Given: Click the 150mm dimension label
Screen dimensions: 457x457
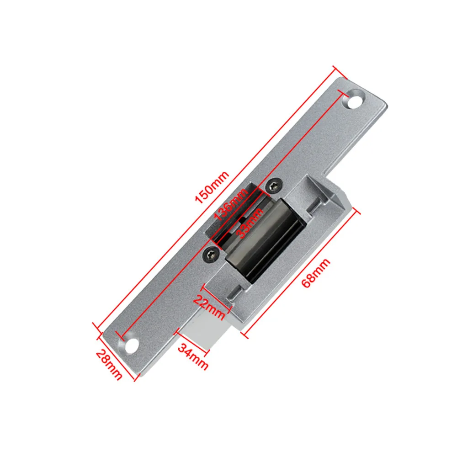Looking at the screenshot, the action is [x=212, y=187].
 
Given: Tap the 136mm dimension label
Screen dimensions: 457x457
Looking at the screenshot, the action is [x=231, y=204].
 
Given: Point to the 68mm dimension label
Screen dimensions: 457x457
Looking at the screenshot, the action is [x=316, y=273].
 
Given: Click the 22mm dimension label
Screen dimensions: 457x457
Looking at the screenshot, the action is [x=210, y=307].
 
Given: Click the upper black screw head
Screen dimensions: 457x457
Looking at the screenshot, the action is [x=275, y=186].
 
